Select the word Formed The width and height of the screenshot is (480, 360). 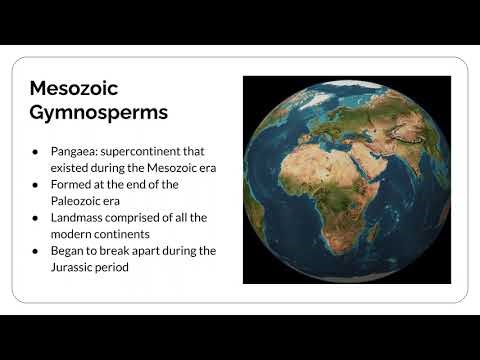[x=71, y=184]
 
